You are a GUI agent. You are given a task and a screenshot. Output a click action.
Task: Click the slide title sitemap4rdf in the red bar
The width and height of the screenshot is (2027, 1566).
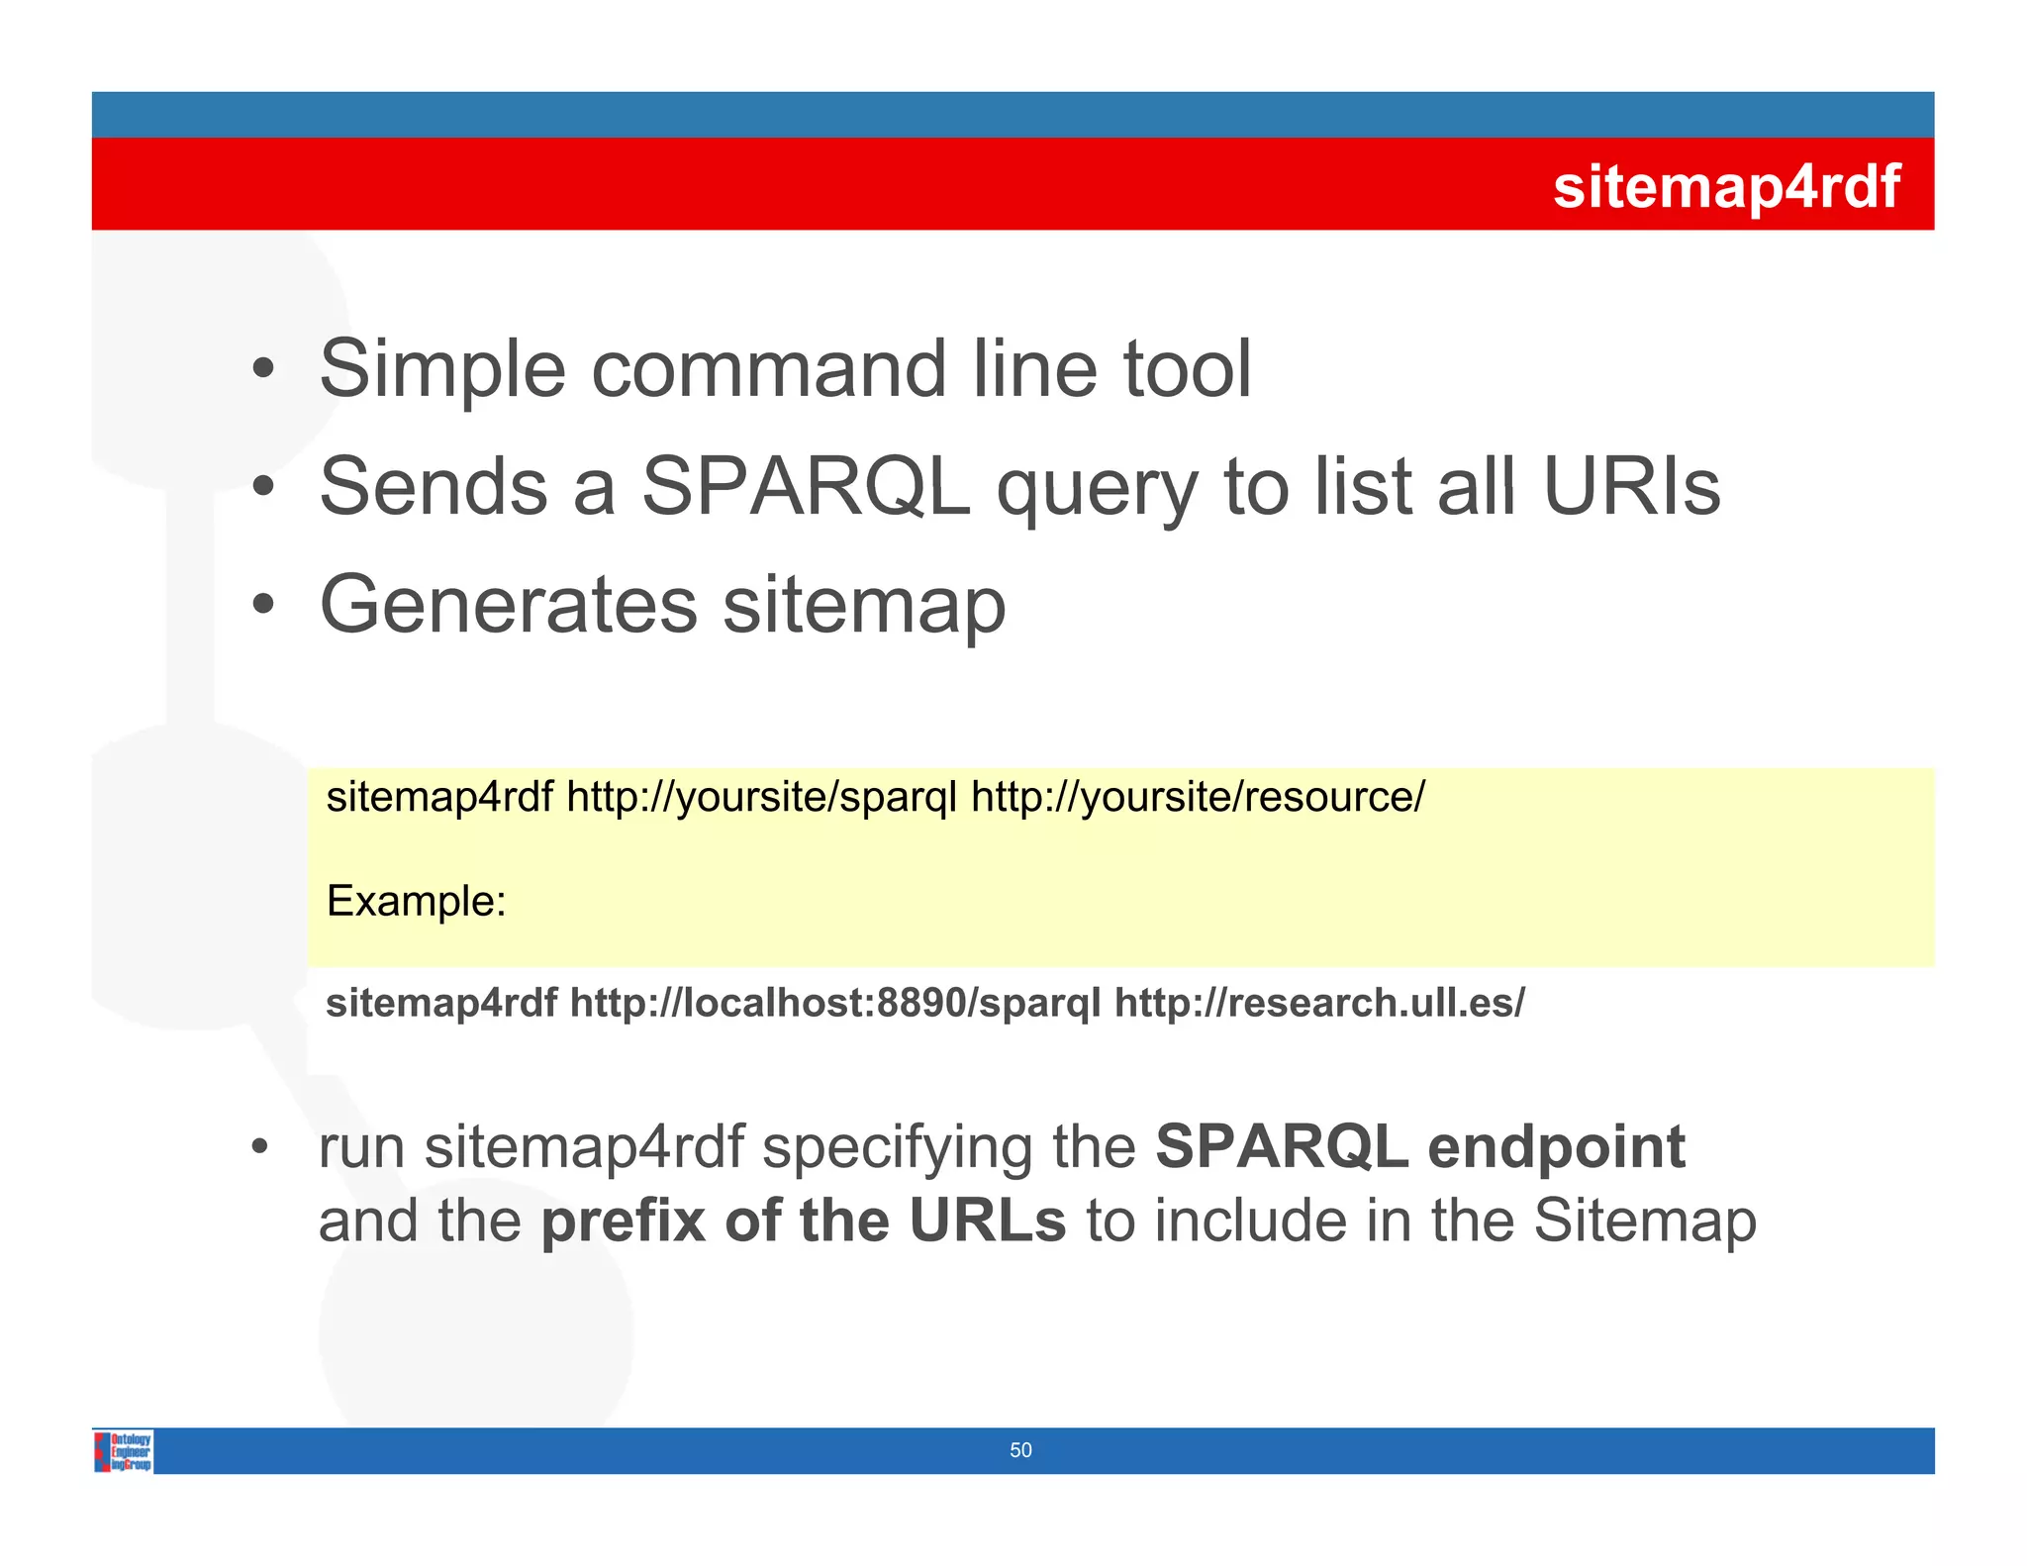click(1725, 186)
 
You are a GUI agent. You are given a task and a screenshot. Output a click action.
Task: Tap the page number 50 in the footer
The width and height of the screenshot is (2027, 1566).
click(1020, 1450)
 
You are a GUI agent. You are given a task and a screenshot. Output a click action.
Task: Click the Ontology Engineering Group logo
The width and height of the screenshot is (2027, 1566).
click(125, 1451)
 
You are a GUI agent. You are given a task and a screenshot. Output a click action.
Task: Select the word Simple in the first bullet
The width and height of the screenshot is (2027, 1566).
click(442, 370)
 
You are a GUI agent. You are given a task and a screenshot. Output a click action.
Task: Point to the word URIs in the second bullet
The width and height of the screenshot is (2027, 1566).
click(1631, 487)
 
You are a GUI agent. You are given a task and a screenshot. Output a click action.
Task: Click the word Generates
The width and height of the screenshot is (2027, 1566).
click(509, 605)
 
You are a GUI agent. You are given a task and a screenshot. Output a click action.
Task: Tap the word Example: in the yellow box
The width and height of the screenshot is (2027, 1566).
click(416, 901)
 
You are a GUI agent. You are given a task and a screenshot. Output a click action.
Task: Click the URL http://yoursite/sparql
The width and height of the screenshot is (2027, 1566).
click(761, 797)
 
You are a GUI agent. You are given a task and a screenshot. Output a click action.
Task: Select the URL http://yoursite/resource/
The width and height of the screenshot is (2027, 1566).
click(1198, 797)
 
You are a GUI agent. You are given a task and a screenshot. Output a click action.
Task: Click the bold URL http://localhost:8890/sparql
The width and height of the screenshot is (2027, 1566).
click(835, 1003)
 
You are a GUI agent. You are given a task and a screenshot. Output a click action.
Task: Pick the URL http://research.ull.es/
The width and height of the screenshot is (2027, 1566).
click(1319, 1003)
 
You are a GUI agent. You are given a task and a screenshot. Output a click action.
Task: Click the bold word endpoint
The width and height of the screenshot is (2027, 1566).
click(1556, 1146)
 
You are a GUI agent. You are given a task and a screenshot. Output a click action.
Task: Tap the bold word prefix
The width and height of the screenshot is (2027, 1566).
click(624, 1221)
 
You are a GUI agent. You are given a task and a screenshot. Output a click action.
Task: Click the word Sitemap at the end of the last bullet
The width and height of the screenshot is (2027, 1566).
click(1644, 1221)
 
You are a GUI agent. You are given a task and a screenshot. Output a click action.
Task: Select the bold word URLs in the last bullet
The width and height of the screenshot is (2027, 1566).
click(987, 1221)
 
